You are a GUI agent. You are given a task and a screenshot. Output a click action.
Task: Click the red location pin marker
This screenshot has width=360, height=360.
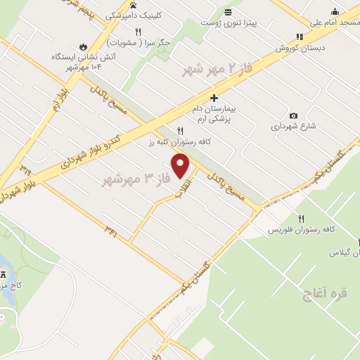[x=181, y=166]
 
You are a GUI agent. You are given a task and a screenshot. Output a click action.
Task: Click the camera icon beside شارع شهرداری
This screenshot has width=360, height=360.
[x=293, y=115]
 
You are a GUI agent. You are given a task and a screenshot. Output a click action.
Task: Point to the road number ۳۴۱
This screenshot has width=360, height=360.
[x=110, y=228]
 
